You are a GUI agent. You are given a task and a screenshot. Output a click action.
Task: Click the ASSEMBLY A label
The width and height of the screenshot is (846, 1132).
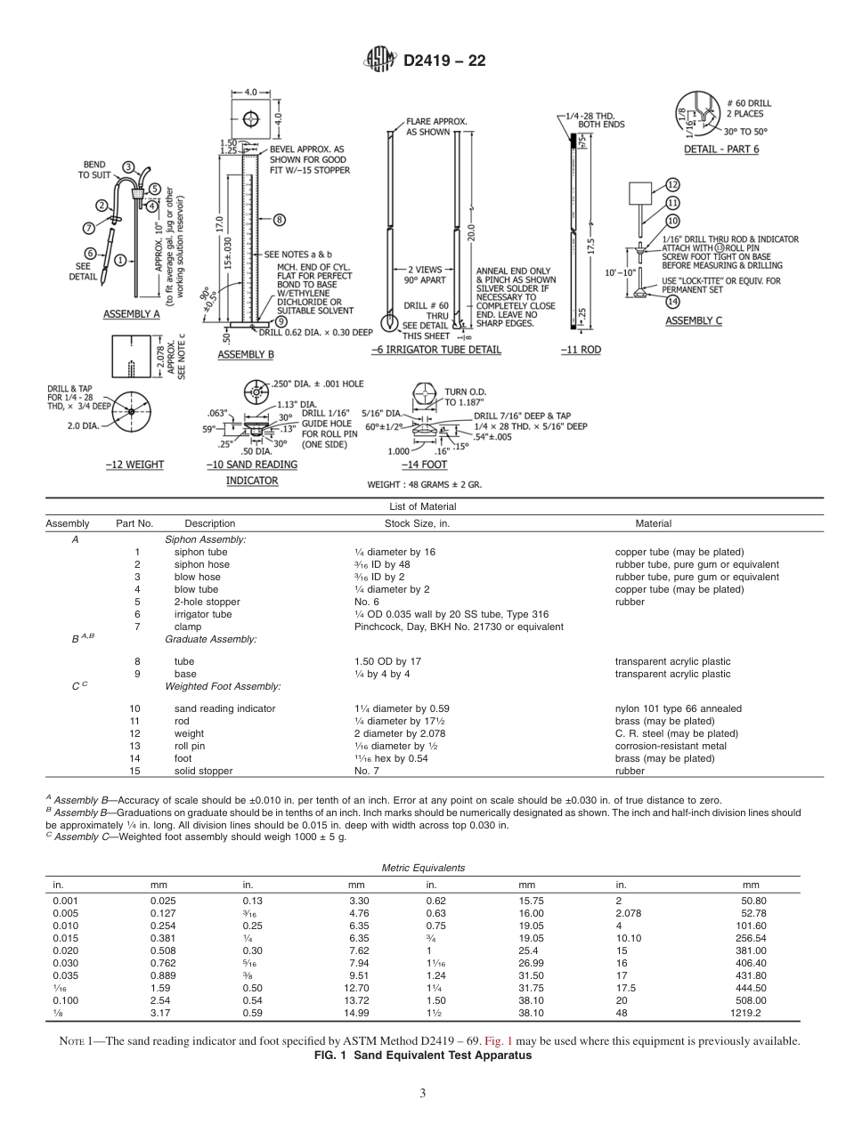tap(131, 314)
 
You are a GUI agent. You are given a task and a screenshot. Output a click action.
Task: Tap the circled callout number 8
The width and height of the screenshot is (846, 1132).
tap(279, 218)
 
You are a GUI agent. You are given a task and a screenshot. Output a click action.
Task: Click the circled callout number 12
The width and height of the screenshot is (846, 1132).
tap(672, 185)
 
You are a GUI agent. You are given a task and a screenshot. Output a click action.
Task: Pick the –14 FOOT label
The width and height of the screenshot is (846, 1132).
tap(423, 465)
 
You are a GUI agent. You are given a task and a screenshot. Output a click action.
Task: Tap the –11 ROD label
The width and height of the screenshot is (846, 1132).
tap(581, 350)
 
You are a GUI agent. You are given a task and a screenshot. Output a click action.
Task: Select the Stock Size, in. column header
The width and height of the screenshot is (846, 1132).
tap(417, 523)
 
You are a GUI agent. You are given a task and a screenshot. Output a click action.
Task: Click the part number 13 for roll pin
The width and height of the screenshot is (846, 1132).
tap(136, 746)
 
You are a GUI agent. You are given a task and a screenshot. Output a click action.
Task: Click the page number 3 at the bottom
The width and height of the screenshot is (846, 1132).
tap(423, 1094)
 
